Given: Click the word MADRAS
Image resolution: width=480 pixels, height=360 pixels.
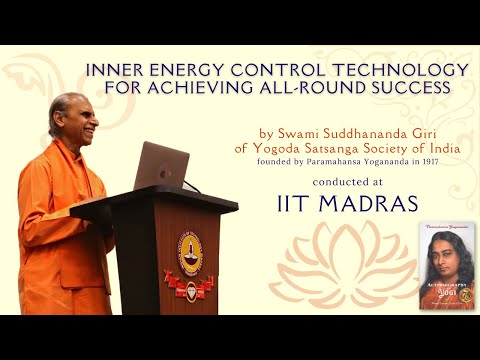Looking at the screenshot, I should (x=367, y=203).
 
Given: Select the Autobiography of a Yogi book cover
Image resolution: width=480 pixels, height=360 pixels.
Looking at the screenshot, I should (x=446, y=265).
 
